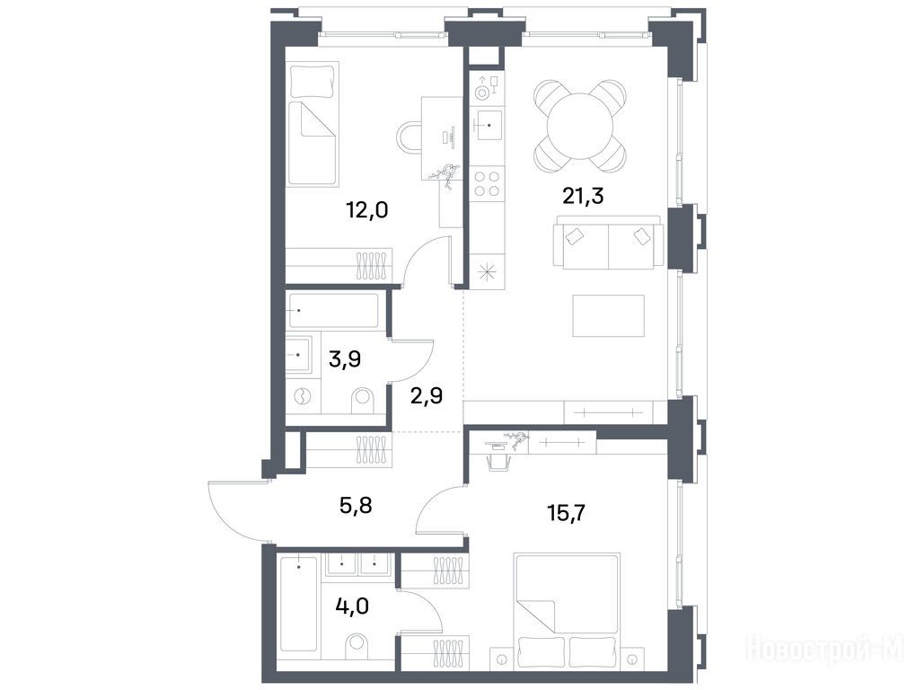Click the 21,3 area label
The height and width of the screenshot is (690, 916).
(583, 196)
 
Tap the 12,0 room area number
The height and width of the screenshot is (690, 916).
(367, 209)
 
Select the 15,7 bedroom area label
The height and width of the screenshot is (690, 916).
(566, 513)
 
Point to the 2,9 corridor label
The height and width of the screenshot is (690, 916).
(427, 396)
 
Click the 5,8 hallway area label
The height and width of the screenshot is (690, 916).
(356, 505)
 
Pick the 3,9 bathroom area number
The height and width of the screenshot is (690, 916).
(345, 358)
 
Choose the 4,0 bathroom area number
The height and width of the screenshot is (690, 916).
(352, 606)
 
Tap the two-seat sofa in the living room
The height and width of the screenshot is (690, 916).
(609, 243)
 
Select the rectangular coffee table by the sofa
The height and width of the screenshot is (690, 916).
(608, 315)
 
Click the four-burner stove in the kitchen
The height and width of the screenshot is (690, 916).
(487, 182)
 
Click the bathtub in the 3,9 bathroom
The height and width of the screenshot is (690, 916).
(333, 310)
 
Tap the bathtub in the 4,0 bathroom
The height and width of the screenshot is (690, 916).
(298, 604)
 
